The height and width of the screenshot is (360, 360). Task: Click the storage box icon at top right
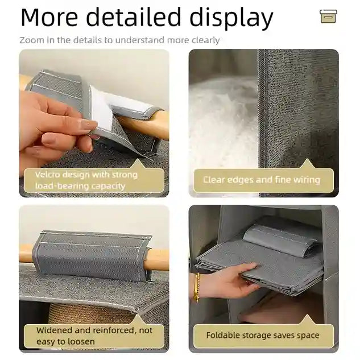328,16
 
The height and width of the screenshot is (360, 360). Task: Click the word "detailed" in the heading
134,17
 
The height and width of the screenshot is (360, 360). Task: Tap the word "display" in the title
231,18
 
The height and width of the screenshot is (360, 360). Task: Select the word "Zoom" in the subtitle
32,40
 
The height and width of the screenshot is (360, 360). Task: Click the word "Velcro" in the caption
48,175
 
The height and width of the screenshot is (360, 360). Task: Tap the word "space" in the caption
308,336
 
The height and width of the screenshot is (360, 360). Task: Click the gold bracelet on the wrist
197,287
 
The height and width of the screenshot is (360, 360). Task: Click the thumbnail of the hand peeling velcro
94,123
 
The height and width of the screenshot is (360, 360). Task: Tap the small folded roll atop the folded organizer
280,240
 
